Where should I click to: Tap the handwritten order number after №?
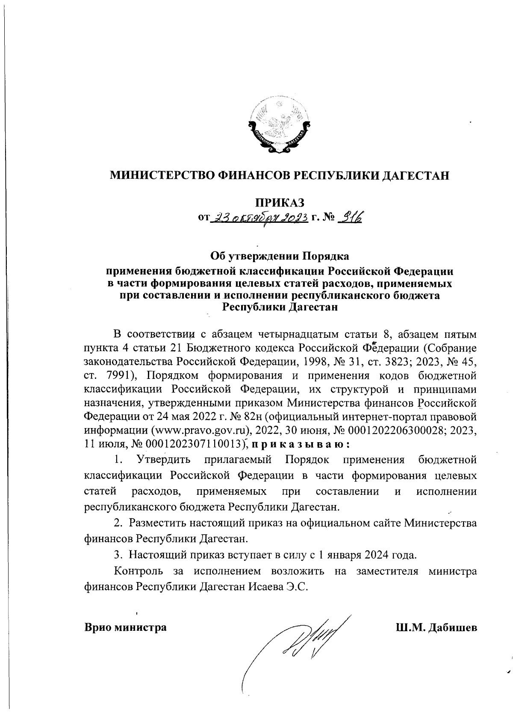pos(350,218)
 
